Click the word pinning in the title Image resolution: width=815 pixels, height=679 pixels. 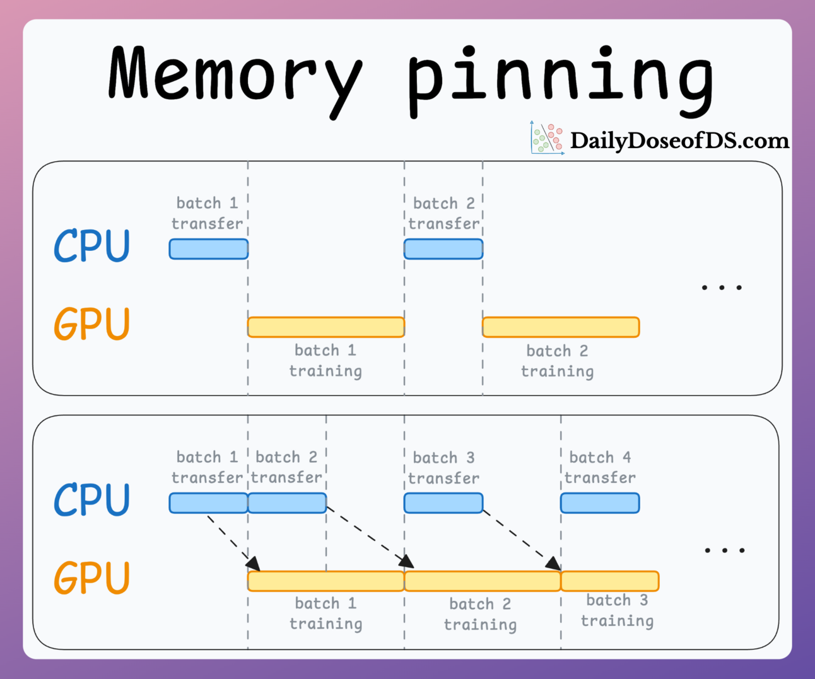click(560, 79)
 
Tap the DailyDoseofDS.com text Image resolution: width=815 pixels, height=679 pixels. click(679, 141)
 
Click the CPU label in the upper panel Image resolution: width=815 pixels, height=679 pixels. click(92, 246)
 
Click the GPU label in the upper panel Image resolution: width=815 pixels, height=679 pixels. click(92, 324)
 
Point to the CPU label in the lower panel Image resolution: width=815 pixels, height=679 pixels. click(92, 500)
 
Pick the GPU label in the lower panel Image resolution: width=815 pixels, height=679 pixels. click(92, 578)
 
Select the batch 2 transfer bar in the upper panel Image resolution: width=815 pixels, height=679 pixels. click(443, 249)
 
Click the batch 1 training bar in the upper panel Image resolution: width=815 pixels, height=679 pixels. click(325, 327)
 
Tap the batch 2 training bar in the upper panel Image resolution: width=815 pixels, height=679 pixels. click(561, 327)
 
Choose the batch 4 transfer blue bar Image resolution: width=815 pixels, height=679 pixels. click(600, 503)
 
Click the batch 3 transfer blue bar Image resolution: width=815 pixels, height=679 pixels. click(443, 503)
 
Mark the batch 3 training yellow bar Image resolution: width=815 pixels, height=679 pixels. click(610, 581)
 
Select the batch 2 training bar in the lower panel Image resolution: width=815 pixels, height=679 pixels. click(483, 581)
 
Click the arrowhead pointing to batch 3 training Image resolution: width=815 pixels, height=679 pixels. click(554, 564)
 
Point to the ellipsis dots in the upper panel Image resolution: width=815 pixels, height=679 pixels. click(722, 287)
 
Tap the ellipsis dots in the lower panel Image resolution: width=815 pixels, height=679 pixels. click(725, 550)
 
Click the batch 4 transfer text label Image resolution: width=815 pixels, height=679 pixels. click(600, 467)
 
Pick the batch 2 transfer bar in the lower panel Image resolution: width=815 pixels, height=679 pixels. click(287, 503)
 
